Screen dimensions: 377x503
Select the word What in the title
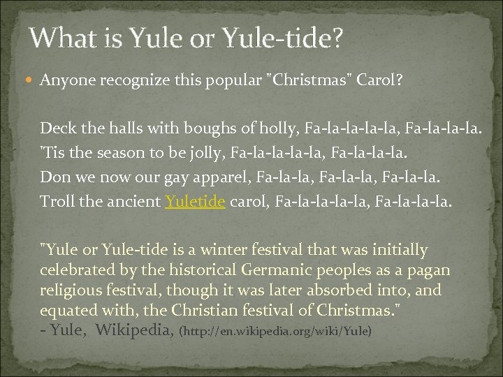62,39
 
